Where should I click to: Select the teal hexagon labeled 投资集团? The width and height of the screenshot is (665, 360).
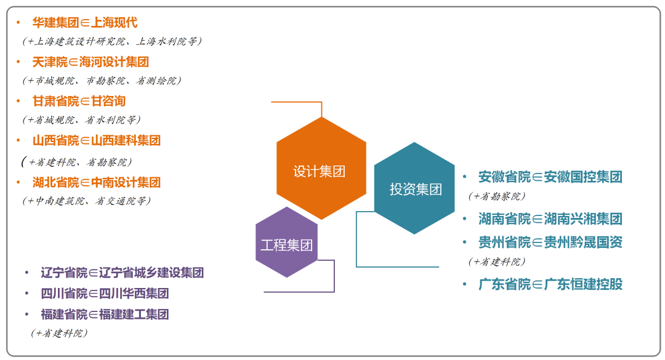click(415, 188)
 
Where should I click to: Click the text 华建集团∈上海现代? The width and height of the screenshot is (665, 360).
click(85, 23)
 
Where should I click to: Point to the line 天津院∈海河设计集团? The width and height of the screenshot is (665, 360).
click(91, 62)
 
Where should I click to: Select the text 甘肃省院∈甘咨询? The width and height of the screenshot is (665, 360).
click(79, 102)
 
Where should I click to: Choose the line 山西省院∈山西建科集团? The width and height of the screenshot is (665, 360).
click(97, 141)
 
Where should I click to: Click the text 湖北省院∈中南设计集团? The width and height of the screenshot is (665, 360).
click(97, 183)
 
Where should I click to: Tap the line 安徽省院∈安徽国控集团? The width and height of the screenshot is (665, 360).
click(550, 177)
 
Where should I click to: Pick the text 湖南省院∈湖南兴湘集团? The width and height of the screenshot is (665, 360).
click(550, 218)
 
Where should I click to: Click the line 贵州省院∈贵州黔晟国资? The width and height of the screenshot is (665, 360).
click(550, 242)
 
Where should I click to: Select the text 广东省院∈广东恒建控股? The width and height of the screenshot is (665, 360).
click(550, 284)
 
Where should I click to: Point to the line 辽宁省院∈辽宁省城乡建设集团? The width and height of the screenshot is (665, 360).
click(122, 273)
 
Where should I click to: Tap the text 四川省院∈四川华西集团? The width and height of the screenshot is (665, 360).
click(105, 294)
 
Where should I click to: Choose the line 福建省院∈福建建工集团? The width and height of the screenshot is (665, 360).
click(105, 314)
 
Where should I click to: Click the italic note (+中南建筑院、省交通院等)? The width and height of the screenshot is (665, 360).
click(86, 201)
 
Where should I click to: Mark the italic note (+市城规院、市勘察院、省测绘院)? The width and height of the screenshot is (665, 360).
click(102, 81)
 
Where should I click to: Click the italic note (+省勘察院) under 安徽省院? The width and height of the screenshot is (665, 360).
click(496, 196)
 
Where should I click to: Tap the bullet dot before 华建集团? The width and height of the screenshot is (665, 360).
click(18, 23)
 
